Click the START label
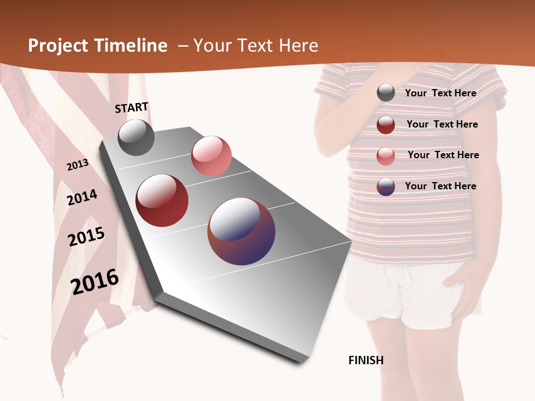click(132, 107)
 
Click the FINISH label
click(366, 360)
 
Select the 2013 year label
click(77, 165)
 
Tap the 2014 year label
click(82, 198)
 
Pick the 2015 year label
click(86, 237)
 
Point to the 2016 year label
click(95, 282)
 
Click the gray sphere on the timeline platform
click(136, 137)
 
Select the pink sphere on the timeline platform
click(211, 155)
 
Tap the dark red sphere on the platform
click(162, 200)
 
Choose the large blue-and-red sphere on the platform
click(241, 231)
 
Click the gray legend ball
click(386, 93)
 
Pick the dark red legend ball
click(386, 125)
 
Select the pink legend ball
click(386, 156)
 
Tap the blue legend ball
click(386, 187)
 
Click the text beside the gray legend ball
click(440, 93)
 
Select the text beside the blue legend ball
click(440, 186)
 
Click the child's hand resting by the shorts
click(462, 278)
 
